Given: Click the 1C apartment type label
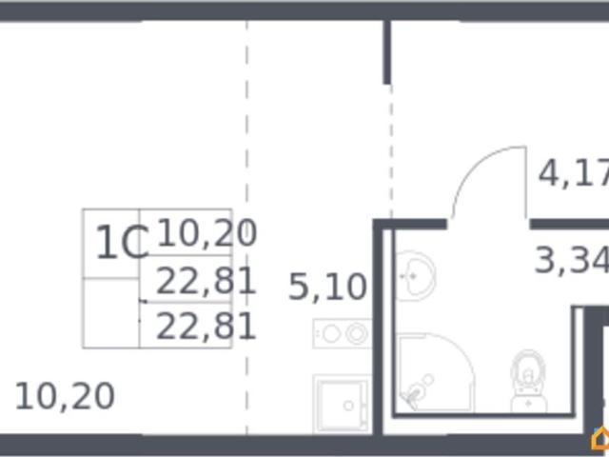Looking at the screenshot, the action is pyautogui.click(x=122, y=243).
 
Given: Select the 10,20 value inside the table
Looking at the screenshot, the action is pyautogui.click(x=207, y=232).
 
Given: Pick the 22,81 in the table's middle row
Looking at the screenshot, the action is pyautogui.click(x=206, y=281).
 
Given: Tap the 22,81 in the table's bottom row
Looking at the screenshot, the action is pyautogui.click(x=206, y=327).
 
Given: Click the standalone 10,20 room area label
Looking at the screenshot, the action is pyautogui.click(x=65, y=396).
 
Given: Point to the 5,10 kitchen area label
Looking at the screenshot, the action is pyautogui.click(x=327, y=287).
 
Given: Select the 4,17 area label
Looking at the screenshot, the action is pyautogui.click(x=574, y=172).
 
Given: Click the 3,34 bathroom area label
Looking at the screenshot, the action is pyautogui.click(x=572, y=260).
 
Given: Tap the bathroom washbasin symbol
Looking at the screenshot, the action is pyautogui.click(x=414, y=276).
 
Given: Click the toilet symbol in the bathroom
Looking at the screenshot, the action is pyautogui.click(x=528, y=382).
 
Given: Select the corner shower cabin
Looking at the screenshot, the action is pyautogui.click(x=435, y=372).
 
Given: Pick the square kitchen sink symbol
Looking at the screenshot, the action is pyautogui.click(x=342, y=404).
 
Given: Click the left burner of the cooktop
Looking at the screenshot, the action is pyautogui.click(x=331, y=334).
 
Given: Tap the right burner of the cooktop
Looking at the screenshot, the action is pyautogui.click(x=357, y=334).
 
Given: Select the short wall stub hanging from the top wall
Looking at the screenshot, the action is pyautogui.click(x=387, y=52).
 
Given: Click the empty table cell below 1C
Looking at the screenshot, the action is pyautogui.click(x=110, y=313).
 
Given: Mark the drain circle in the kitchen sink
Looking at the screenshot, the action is pyautogui.click(x=348, y=406).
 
